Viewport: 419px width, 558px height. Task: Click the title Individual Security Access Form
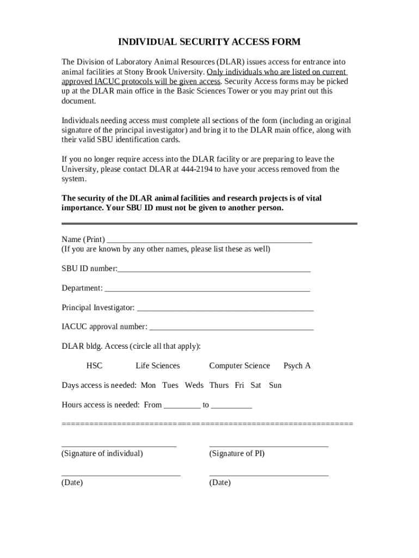209,42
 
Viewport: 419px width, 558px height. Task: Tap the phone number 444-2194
194,169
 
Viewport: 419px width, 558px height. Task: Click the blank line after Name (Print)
209,240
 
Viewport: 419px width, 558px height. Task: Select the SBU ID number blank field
214,270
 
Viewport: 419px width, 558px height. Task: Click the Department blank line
207,289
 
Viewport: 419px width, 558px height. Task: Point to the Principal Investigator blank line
225,308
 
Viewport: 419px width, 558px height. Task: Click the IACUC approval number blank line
231,327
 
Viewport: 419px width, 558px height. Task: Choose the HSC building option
94,366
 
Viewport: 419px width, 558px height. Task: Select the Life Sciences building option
157,366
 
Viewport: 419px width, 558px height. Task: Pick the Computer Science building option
239,366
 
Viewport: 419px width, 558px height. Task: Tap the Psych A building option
297,366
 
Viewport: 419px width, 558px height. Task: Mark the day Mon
148,385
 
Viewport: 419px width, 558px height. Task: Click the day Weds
194,385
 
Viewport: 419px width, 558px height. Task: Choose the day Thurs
219,385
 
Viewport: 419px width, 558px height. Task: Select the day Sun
275,385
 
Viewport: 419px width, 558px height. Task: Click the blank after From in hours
182,406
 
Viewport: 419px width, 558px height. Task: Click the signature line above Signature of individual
119,445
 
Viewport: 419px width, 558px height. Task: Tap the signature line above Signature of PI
268,445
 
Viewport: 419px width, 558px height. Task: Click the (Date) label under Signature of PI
220,483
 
